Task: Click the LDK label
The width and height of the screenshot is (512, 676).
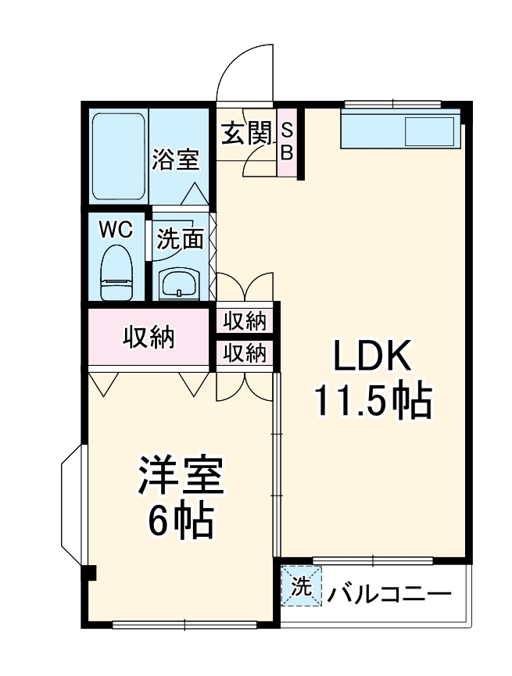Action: pos(373,358)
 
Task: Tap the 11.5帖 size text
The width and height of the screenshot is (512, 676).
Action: pos(373,402)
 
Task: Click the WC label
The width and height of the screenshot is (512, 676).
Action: pos(115,230)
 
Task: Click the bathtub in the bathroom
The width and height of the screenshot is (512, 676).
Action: pos(118,156)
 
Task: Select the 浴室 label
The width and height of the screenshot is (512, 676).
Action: pos(176,160)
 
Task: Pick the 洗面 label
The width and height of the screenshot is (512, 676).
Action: pos(180,240)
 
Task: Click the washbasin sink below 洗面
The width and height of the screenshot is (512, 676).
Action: pos(180,284)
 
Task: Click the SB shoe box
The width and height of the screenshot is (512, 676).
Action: pos(287,141)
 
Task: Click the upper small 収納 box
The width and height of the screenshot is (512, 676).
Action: pos(245,320)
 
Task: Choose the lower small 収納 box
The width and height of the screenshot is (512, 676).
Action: pos(245,353)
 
